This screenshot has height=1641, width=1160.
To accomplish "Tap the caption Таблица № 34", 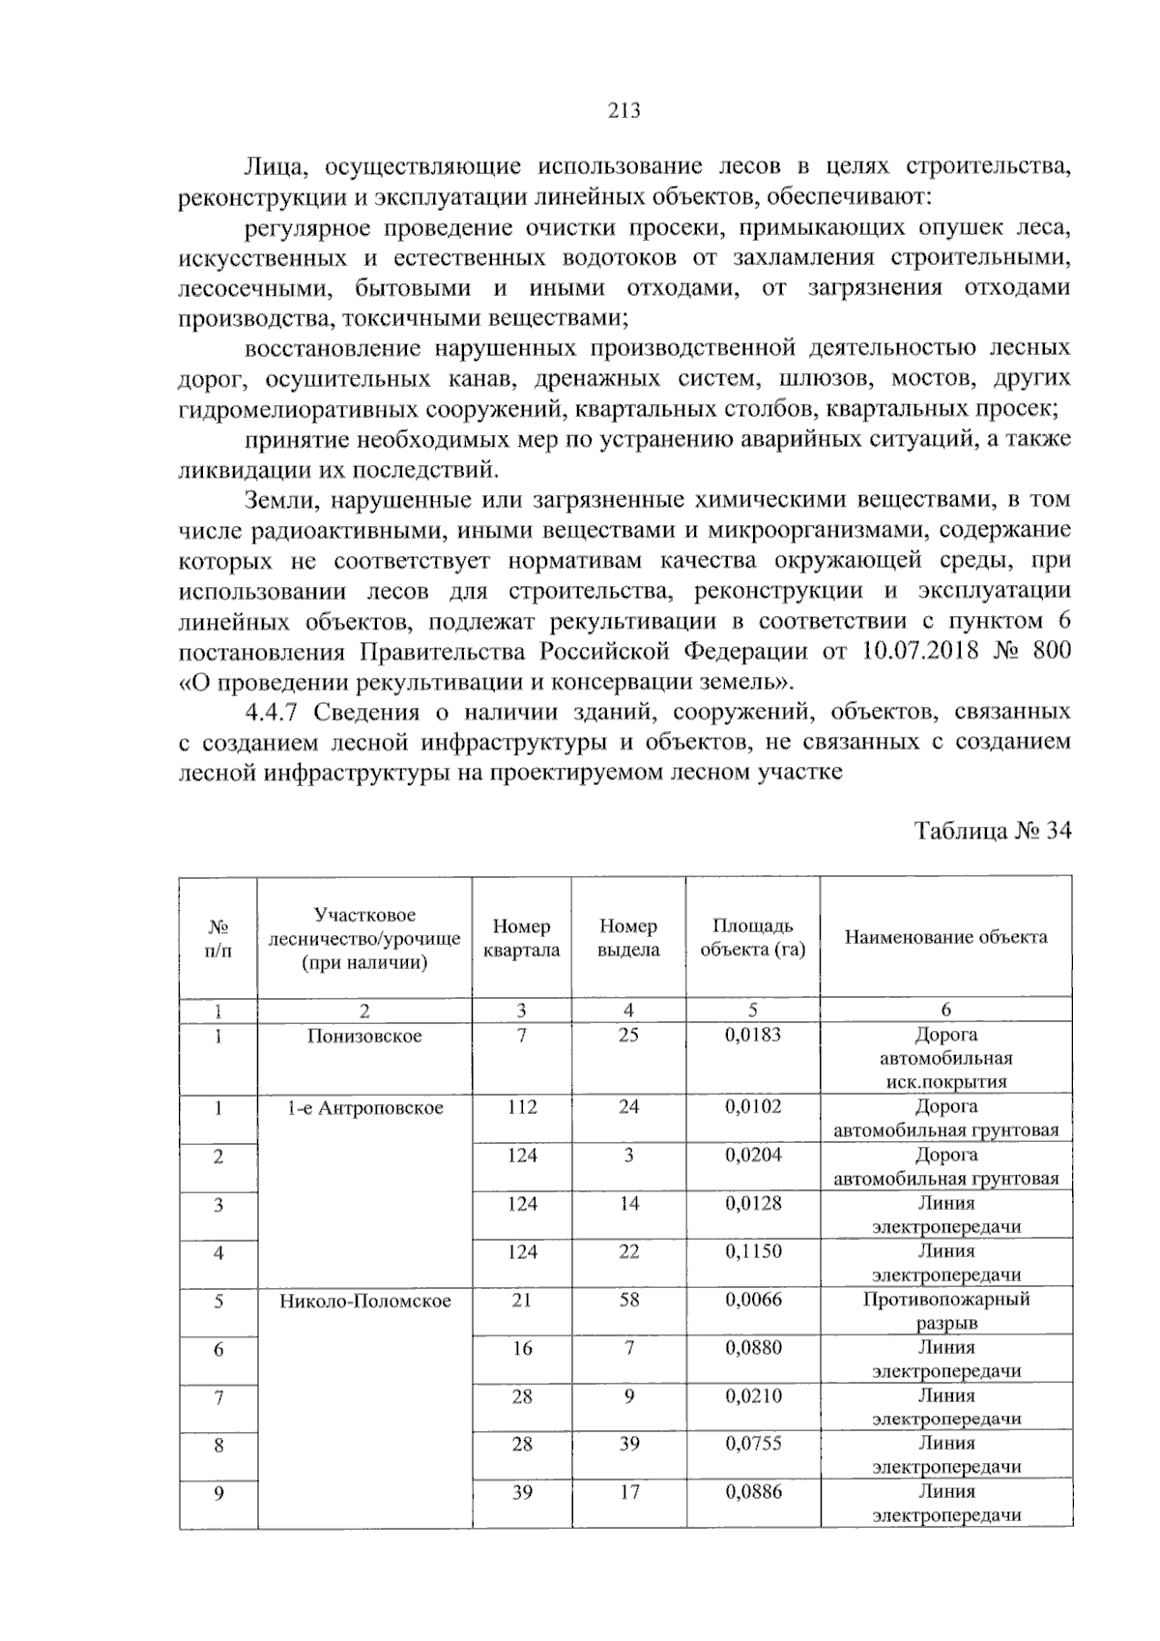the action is click(993, 832).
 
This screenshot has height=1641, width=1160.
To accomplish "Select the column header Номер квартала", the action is click(522, 938).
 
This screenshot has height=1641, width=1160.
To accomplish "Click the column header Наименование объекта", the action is click(945, 936).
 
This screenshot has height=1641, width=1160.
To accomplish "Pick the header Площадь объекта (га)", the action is click(753, 938).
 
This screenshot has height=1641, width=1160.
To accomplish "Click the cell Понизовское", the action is click(364, 1036).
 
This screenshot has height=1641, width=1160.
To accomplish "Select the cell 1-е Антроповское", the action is click(364, 1108).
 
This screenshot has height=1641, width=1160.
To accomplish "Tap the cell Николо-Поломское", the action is click(365, 1301).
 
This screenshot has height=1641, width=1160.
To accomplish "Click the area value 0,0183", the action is click(753, 1035).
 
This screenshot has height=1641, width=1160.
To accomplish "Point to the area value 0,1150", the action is click(753, 1251).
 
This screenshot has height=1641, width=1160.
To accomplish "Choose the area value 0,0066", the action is click(753, 1300).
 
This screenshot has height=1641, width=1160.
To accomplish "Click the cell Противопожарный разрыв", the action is click(946, 1310).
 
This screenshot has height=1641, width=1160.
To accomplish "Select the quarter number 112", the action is click(522, 1107).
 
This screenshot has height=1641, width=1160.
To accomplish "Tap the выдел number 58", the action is click(629, 1300).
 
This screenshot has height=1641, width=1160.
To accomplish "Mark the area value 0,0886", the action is click(753, 1492).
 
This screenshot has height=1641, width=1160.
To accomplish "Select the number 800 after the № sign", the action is click(1052, 651).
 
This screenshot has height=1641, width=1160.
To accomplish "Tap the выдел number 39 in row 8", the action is click(629, 1444).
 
